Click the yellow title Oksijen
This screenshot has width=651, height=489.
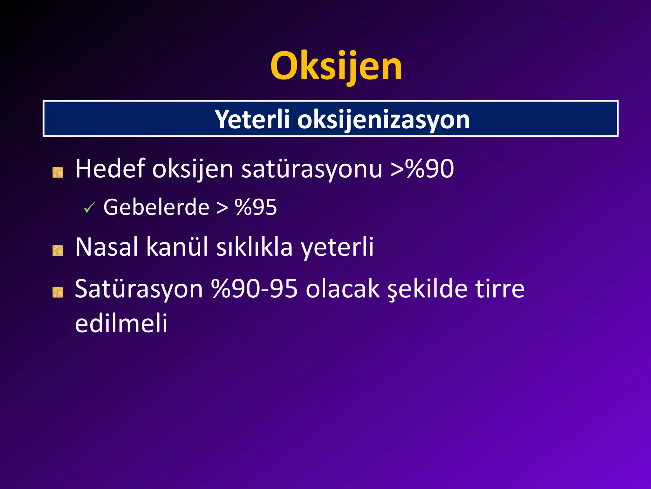pos(336,66)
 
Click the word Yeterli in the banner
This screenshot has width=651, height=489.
pos(252,119)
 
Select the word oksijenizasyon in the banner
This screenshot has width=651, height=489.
pos(383,120)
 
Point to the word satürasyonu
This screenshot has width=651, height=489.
pos(312,169)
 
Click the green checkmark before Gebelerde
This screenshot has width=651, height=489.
pos(89,208)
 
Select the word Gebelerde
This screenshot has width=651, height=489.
pos(156,207)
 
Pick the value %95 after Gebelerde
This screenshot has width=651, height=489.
pos(256,207)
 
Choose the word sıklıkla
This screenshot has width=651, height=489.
pos(254,247)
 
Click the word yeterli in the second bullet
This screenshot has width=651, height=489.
pos(337,247)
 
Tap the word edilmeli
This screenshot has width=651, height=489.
pos(121,323)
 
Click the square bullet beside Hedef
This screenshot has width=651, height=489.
pos(58,173)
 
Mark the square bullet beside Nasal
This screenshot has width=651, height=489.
pos(58,251)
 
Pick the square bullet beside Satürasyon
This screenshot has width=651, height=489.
pos(58,292)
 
